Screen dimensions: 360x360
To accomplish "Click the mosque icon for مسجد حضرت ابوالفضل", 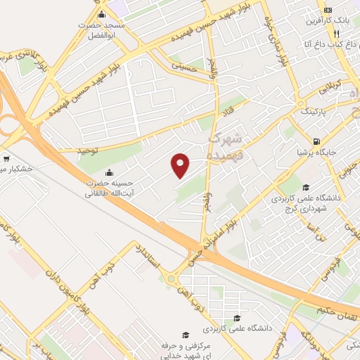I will [x=102, y=15].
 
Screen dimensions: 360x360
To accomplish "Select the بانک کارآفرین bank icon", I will [x=328, y=11].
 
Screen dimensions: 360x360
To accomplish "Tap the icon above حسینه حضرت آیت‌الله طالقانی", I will [x=109, y=173].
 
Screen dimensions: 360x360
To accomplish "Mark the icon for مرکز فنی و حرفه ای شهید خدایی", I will [x=186, y=335].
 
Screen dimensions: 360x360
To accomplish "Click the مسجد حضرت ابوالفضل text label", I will [x=103, y=30].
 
